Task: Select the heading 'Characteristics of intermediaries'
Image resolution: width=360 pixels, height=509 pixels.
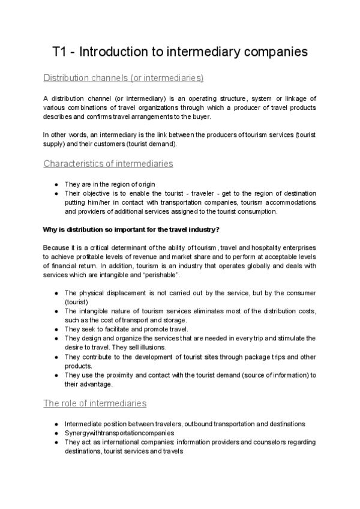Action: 109,163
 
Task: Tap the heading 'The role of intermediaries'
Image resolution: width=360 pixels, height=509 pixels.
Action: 95,403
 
